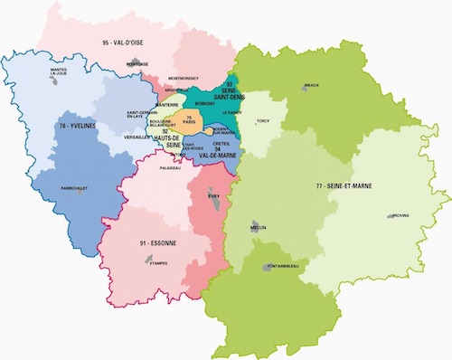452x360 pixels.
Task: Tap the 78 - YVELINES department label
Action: (80, 126)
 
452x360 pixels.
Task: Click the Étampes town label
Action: (145, 264)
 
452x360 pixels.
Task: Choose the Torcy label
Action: (264, 119)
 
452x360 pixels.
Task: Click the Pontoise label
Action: (137, 64)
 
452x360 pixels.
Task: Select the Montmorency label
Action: (191, 80)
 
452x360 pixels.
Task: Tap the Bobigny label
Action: (203, 105)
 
